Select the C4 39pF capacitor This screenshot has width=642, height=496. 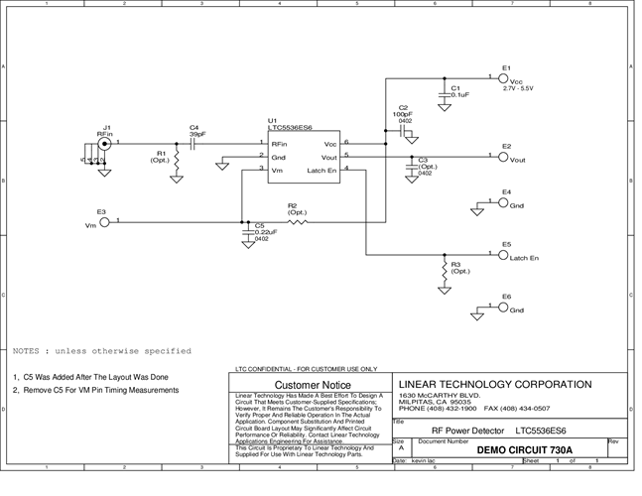[193, 143]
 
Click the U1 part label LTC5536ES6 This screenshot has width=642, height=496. [291, 127]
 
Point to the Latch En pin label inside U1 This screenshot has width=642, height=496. [322, 172]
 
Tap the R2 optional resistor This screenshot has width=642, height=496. [297, 222]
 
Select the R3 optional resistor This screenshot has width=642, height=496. [443, 270]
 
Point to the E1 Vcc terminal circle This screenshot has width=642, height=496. [503, 79]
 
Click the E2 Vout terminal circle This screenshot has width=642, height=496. [503, 158]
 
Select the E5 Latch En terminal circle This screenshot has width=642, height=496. [503, 255]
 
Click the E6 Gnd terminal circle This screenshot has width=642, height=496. [503, 309]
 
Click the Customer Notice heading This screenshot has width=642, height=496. [312, 384]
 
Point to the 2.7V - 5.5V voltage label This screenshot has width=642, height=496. [518, 89]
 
